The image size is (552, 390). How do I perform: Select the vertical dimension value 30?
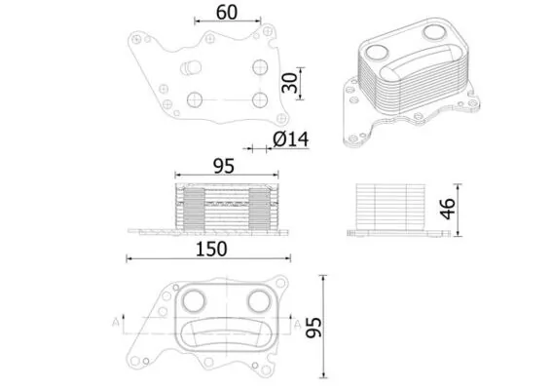click(288, 83)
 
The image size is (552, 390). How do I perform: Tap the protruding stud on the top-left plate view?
click(185, 69)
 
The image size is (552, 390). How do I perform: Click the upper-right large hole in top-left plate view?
click(258, 67)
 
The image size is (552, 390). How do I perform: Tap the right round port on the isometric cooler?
click(434, 32)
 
